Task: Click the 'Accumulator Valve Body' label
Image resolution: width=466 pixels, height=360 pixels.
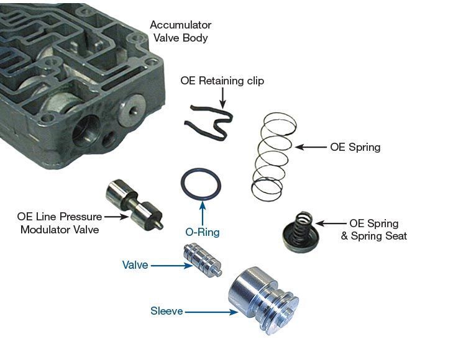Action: coord(180,31)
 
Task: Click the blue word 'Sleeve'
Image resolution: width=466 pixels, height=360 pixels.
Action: coord(167,310)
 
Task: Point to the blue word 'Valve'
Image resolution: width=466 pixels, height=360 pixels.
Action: coord(135,265)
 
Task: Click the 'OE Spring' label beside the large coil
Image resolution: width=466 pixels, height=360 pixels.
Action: coord(355,148)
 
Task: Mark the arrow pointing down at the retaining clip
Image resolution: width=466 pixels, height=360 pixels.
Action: coord(222,99)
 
